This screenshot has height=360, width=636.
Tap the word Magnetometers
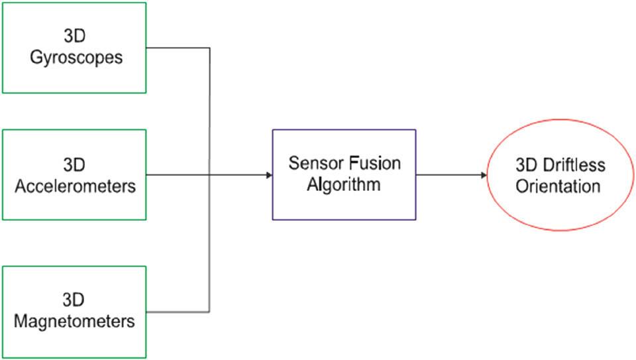point(74,322)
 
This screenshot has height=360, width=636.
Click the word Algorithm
point(343,184)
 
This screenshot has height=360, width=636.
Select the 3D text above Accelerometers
point(74,164)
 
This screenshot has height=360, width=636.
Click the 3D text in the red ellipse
point(527,164)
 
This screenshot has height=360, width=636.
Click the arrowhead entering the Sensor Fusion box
point(268,175)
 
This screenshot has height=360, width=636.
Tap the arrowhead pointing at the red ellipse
point(483,175)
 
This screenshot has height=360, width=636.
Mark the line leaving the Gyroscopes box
point(178,48)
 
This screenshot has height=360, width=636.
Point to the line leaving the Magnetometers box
point(178,312)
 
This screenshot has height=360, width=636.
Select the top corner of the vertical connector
point(210,48)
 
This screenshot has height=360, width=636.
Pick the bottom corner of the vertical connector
point(210,312)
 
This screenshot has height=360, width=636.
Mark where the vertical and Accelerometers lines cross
point(210,175)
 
